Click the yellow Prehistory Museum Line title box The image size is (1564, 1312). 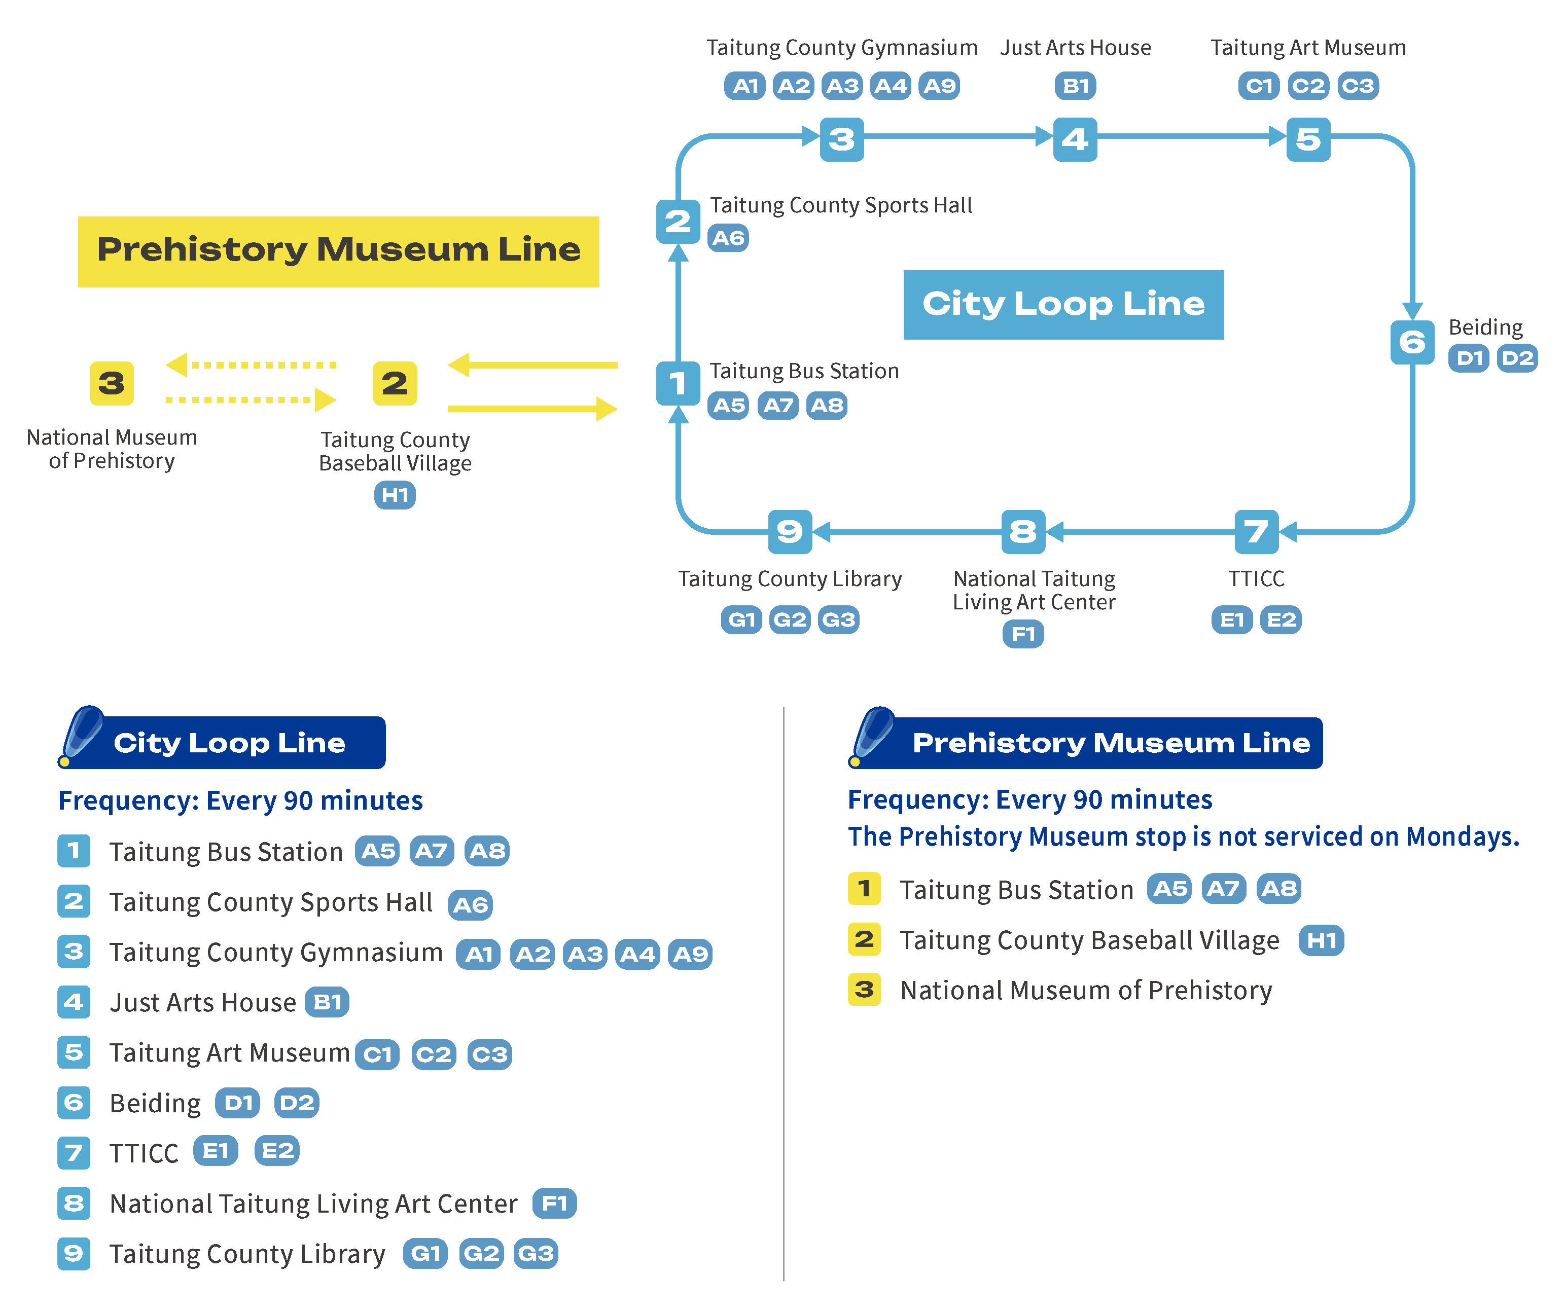(x=338, y=251)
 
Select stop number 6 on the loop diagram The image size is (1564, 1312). (x=1412, y=342)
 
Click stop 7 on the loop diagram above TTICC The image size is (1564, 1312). (x=1256, y=532)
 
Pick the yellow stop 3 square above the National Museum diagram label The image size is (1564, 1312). (x=112, y=383)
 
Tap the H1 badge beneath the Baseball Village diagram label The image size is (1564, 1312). (x=395, y=495)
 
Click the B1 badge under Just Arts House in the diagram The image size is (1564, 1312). (x=1076, y=86)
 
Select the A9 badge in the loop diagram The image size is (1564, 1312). (x=939, y=86)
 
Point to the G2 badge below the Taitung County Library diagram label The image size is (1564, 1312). (x=790, y=619)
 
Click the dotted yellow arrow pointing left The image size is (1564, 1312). (x=251, y=365)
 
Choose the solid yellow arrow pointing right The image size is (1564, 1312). (x=532, y=409)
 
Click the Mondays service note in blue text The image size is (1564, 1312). (x=1184, y=837)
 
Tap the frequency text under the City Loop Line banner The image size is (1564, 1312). (x=240, y=800)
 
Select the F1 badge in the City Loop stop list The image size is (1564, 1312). (x=555, y=1204)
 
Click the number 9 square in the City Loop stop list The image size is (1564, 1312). (x=74, y=1254)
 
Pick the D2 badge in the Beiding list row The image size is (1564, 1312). (x=296, y=1103)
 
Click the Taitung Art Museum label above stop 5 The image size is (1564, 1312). (x=1308, y=48)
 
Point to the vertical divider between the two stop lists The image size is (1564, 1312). (x=784, y=994)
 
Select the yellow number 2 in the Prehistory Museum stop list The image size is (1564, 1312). (x=864, y=940)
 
